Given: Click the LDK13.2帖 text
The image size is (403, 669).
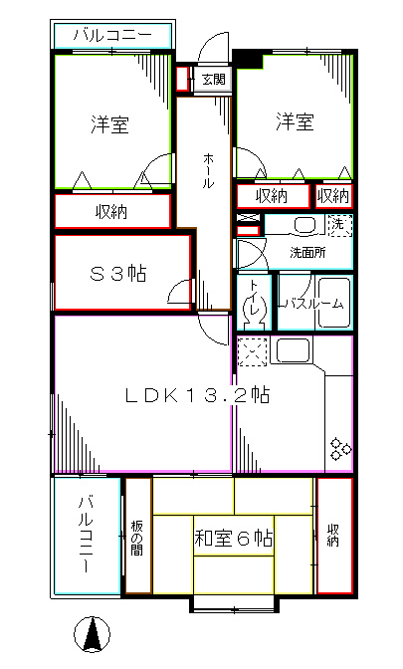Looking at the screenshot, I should (x=198, y=395).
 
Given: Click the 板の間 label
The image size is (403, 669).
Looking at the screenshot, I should (x=137, y=539).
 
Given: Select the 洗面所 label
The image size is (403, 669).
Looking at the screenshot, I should (x=307, y=252).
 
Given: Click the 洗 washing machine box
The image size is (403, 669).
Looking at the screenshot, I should (x=339, y=224).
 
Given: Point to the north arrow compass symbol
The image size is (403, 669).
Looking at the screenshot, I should (x=93, y=634).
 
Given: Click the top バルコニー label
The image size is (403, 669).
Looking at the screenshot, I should (x=112, y=36).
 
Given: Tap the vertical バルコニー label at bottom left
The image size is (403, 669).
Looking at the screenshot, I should (x=87, y=533).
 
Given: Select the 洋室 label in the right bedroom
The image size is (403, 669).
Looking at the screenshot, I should (x=295, y=121).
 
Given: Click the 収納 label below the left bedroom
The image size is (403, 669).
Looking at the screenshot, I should (x=111, y=211).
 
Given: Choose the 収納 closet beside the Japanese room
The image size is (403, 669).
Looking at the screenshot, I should (x=333, y=534).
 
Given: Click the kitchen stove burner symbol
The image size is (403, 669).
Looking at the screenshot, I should (x=340, y=449).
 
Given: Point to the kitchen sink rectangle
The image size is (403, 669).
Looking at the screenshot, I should (x=294, y=350).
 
